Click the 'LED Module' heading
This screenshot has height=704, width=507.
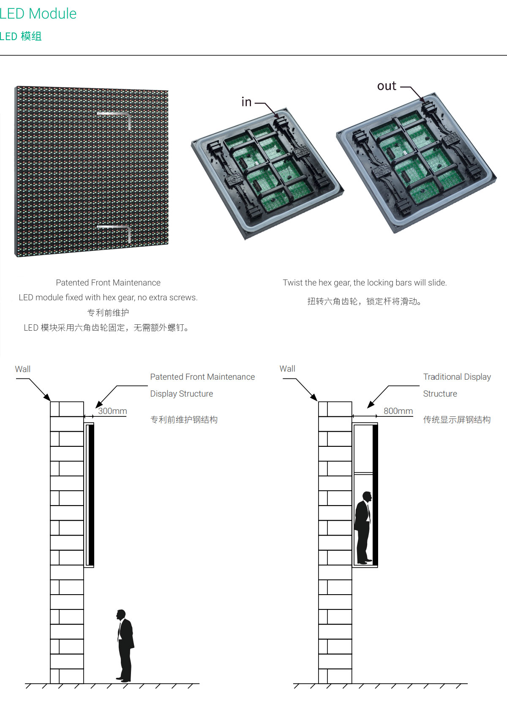[x=38, y=14]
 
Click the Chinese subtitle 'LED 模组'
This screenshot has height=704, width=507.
[x=21, y=36]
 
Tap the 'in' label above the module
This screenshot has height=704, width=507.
[x=246, y=102]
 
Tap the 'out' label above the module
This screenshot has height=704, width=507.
[x=387, y=86]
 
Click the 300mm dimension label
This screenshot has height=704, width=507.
[x=112, y=411]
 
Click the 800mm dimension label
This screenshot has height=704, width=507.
[x=398, y=411]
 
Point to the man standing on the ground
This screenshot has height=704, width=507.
[x=125, y=646]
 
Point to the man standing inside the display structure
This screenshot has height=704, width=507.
[x=363, y=527]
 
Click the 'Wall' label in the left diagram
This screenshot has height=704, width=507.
[x=23, y=369]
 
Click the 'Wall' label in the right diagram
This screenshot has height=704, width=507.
[x=287, y=369]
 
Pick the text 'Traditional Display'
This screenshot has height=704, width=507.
[x=457, y=377]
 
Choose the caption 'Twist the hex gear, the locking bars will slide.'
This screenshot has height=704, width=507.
[x=365, y=283]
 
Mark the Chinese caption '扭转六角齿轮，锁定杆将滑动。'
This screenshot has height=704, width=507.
[x=365, y=302]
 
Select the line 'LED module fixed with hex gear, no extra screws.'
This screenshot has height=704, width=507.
[x=108, y=297]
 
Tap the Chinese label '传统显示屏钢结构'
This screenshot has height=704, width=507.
[x=457, y=420]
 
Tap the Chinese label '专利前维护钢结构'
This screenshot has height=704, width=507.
[x=184, y=420]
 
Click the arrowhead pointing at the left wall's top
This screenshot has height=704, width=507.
[x=47, y=398]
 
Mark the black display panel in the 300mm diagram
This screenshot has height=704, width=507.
[x=91, y=495]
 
